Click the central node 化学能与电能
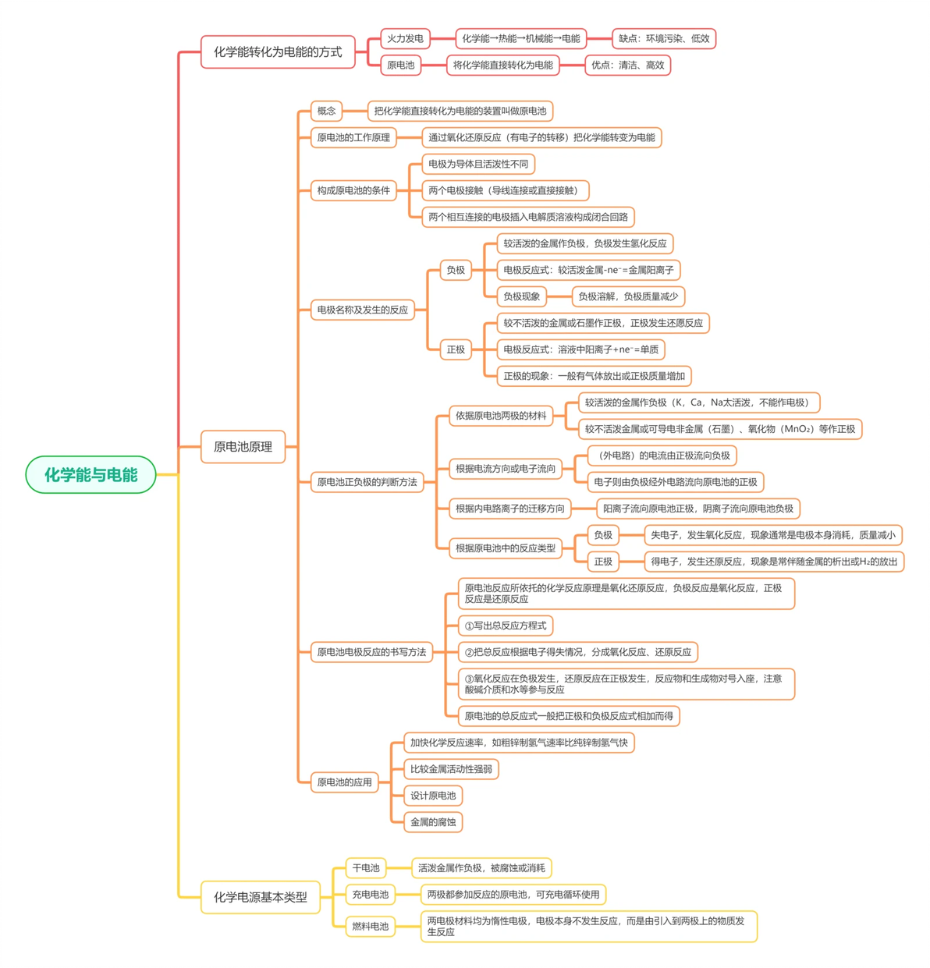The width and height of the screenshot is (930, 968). click(x=91, y=473)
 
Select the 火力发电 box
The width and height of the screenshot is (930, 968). click(x=405, y=38)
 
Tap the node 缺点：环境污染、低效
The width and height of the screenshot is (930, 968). click(x=663, y=38)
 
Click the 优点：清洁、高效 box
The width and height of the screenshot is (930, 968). click(x=627, y=65)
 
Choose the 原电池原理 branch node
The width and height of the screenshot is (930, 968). click(x=243, y=446)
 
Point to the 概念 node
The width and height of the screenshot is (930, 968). click(x=326, y=111)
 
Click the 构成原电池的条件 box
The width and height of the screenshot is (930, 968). click(x=353, y=190)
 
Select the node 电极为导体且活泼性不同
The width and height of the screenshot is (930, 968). click(x=477, y=164)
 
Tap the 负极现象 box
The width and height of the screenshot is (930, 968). click(x=521, y=296)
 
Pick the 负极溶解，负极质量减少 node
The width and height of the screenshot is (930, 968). click(x=627, y=296)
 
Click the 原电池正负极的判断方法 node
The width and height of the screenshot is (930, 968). click(x=367, y=481)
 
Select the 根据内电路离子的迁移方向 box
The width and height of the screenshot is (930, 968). click(x=509, y=508)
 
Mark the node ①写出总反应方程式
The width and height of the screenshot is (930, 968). click(x=505, y=625)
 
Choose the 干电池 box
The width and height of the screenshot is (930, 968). click(x=365, y=867)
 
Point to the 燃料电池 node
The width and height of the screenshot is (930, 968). click(x=370, y=925)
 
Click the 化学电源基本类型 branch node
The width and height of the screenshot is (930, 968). click(x=260, y=896)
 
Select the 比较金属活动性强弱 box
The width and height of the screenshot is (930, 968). click(x=450, y=768)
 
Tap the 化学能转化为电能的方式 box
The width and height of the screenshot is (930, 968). click(x=278, y=51)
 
